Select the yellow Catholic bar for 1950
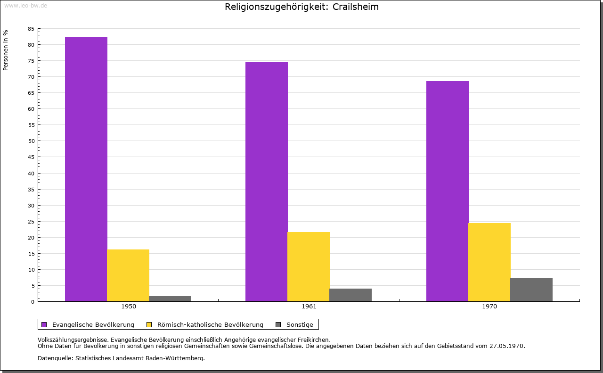point(128,275)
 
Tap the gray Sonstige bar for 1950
point(170,298)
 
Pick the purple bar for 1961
point(267,182)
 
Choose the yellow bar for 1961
point(309,266)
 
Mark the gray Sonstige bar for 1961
point(350,295)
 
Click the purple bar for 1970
point(448,191)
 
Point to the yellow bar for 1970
point(489,262)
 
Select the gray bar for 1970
point(531,290)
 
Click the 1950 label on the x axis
point(129,307)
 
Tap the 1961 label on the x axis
point(309,307)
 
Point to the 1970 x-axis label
point(489,307)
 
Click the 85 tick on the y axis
point(31,29)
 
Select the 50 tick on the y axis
point(31,141)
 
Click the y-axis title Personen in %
point(6,50)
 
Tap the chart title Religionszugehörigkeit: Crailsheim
point(301,7)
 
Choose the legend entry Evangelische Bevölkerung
point(93,324)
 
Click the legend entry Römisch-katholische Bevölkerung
point(210,324)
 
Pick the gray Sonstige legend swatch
point(278,324)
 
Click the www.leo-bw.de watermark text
point(25,5)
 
